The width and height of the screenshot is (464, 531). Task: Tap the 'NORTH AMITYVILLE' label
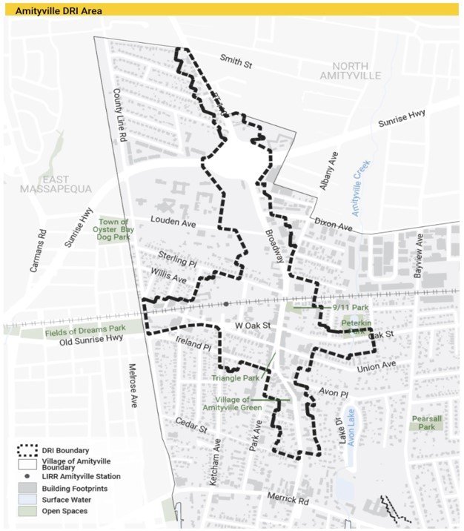coord(350,70)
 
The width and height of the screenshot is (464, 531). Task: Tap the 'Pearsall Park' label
coord(427,423)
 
